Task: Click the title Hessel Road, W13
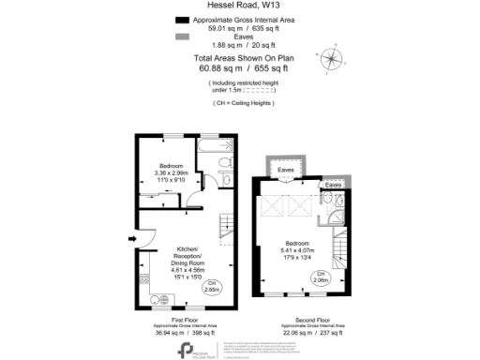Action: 240,6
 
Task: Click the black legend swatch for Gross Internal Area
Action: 182,19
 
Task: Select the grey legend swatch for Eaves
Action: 182,37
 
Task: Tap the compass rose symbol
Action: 331,57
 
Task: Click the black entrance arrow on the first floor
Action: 130,238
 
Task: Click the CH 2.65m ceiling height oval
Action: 213,287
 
